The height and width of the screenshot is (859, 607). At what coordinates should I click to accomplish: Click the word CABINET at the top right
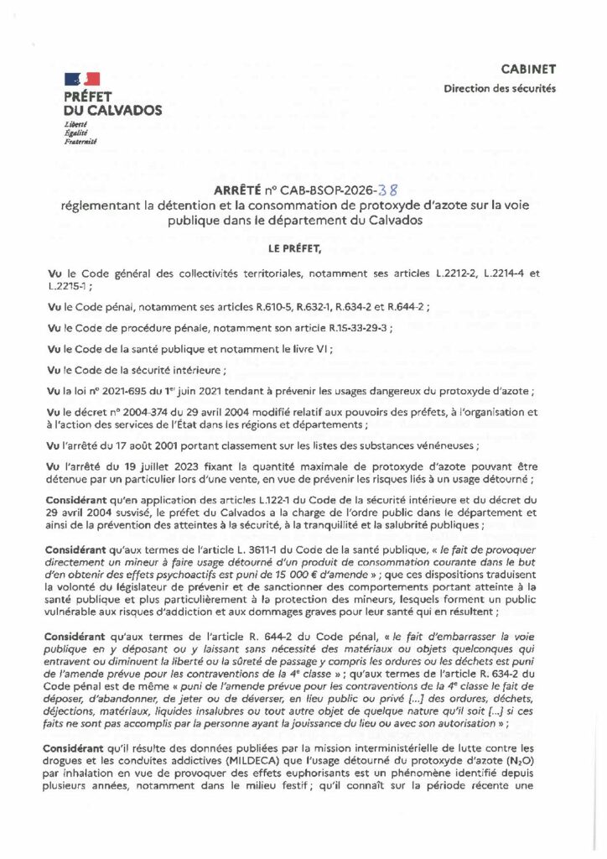tap(528, 69)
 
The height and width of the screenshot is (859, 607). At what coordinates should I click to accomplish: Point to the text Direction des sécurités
tap(500, 89)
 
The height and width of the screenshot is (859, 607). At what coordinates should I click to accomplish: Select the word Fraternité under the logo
tap(80, 142)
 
